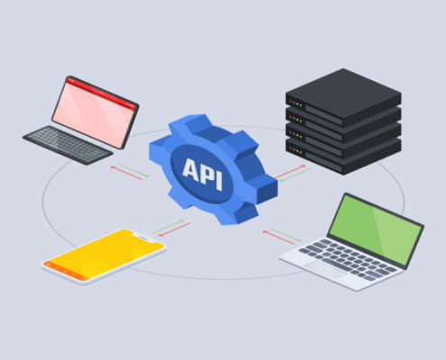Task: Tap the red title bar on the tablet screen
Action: (x=102, y=93)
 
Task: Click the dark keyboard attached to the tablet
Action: (x=68, y=145)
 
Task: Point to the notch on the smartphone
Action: (x=143, y=238)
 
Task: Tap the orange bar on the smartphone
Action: (x=66, y=272)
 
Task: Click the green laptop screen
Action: (x=376, y=229)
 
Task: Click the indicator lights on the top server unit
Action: (x=296, y=103)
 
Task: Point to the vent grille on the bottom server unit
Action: (x=323, y=162)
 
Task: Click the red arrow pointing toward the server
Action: (x=290, y=172)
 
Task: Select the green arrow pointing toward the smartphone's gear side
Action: (x=168, y=227)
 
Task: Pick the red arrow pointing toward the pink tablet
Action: (x=126, y=173)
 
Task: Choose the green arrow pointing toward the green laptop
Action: (x=286, y=235)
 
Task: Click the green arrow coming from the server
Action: (x=296, y=175)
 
